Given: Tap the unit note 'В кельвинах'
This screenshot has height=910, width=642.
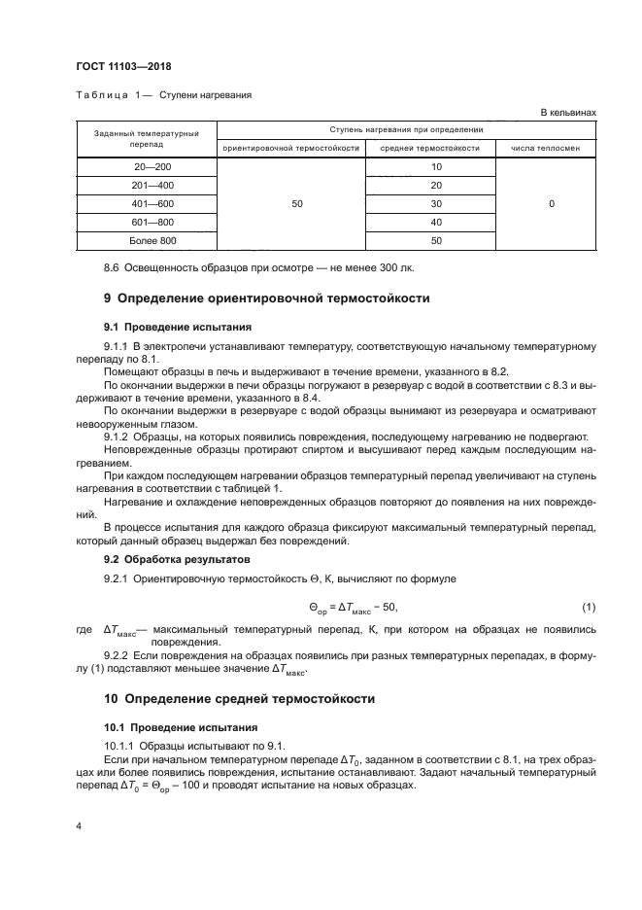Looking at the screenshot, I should (x=568, y=113).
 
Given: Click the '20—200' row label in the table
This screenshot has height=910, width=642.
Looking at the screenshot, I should (x=146, y=166).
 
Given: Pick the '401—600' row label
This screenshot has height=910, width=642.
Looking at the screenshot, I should (x=146, y=203).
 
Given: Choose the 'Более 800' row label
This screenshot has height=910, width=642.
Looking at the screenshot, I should (x=146, y=240).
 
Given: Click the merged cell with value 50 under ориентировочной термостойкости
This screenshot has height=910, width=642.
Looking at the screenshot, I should (x=297, y=203).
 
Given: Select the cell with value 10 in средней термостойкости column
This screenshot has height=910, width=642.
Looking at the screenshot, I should (x=435, y=166).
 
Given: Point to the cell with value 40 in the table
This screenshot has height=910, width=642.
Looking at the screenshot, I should (x=435, y=222).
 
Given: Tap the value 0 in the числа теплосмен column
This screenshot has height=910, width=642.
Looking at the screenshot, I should (x=552, y=203).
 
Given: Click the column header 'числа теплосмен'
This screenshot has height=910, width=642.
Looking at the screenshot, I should (x=552, y=149).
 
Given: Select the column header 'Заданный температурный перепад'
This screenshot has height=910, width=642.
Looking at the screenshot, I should (x=146, y=138).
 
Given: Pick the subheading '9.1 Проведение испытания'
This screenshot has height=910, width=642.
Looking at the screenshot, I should (x=164, y=327).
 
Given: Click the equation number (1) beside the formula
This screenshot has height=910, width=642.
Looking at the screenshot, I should (x=588, y=608).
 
